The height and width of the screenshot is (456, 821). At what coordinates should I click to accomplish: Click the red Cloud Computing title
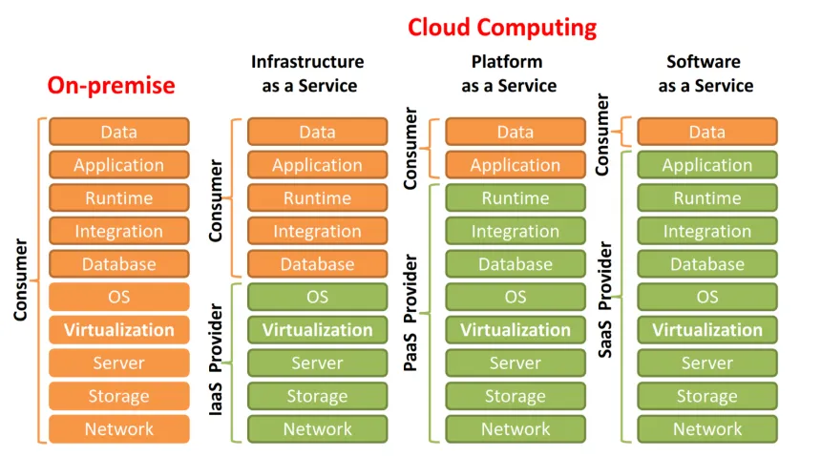pos(502,28)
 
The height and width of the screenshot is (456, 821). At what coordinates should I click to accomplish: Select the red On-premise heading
pos(112,85)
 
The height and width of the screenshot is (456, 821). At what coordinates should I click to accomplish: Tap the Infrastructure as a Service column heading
pos(308,73)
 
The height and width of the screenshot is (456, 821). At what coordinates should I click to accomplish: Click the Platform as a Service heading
pos(508,73)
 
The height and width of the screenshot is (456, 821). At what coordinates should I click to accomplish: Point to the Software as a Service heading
pos(705,73)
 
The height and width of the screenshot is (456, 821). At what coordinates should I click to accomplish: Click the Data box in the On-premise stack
pos(119,133)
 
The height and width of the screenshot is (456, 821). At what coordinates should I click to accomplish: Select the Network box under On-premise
pos(119,429)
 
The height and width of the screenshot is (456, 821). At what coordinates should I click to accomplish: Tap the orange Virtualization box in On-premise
pos(119,330)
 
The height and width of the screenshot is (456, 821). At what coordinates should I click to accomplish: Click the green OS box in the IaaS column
pos(317,298)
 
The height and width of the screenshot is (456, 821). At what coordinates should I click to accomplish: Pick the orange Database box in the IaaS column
pos(317,264)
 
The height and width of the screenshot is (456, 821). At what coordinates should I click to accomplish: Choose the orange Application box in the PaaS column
pos(516,165)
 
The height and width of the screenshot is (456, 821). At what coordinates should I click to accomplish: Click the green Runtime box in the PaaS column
pos(516,198)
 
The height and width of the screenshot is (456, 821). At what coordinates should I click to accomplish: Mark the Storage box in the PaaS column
pos(516,396)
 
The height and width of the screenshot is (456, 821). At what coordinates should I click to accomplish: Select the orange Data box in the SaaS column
pos(707,133)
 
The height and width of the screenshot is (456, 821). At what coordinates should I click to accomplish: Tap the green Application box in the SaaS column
pos(707,165)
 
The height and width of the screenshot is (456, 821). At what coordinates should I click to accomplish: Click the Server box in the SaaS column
pos(707,363)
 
